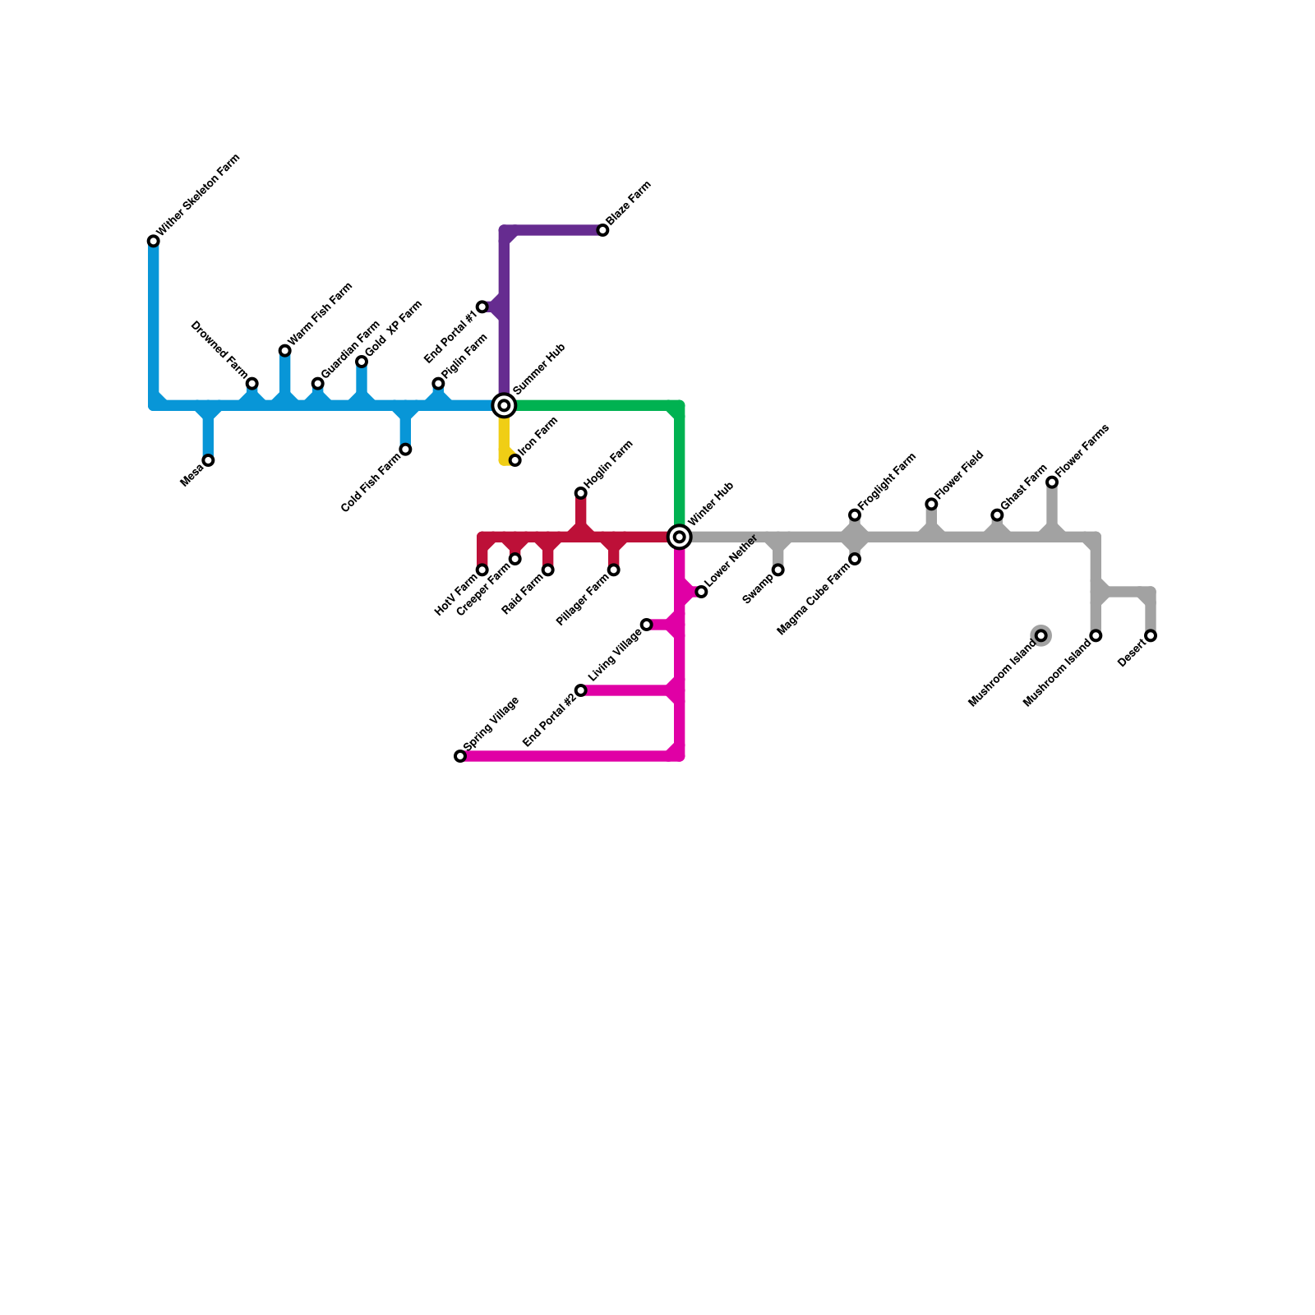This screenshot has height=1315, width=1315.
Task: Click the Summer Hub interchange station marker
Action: [504, 405]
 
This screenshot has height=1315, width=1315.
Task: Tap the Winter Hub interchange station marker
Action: [679, 537]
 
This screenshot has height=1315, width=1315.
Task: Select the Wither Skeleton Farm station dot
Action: [154, 241]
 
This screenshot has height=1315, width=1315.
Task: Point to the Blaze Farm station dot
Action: [602, 230]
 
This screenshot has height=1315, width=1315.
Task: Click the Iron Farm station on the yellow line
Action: [515, 460]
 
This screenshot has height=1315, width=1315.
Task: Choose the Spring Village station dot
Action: [460, 756]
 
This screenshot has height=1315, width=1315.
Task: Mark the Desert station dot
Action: [1151, 636]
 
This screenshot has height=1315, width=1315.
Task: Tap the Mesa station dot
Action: [209, 460]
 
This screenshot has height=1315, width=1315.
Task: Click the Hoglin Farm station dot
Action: [581, 493]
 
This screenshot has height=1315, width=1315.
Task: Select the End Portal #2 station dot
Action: [581, 690]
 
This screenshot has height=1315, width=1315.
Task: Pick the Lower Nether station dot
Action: [701, 592]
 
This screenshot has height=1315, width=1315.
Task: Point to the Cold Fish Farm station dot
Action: [405, 450]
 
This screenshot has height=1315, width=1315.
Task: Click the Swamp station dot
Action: [777, 570]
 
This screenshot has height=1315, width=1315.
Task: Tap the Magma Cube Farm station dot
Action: [855, 559]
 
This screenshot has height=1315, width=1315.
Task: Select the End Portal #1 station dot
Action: [482, 307]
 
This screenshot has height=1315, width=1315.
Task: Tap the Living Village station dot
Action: [647, 625]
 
